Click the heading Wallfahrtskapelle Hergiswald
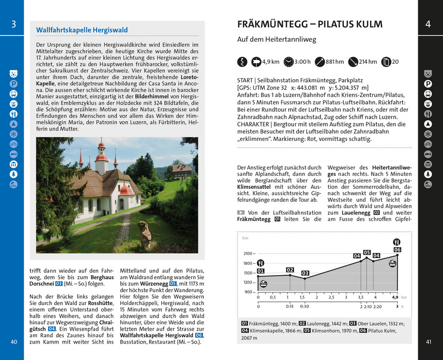click(82, 30)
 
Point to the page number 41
click(428, 342)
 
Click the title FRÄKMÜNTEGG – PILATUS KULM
click(310, 24)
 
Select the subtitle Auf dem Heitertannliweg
click(276, 40)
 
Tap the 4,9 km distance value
click(271, 62)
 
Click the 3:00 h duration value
click(302, 62)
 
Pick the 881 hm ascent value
click(335, 62)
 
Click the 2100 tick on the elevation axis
click(248, 254)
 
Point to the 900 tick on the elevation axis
click(250, 292)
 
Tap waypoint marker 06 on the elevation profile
click(397, 249)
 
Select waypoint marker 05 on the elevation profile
click(366, 253)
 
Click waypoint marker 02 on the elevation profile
click(290, 270)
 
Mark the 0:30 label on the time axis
click(305, 307)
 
